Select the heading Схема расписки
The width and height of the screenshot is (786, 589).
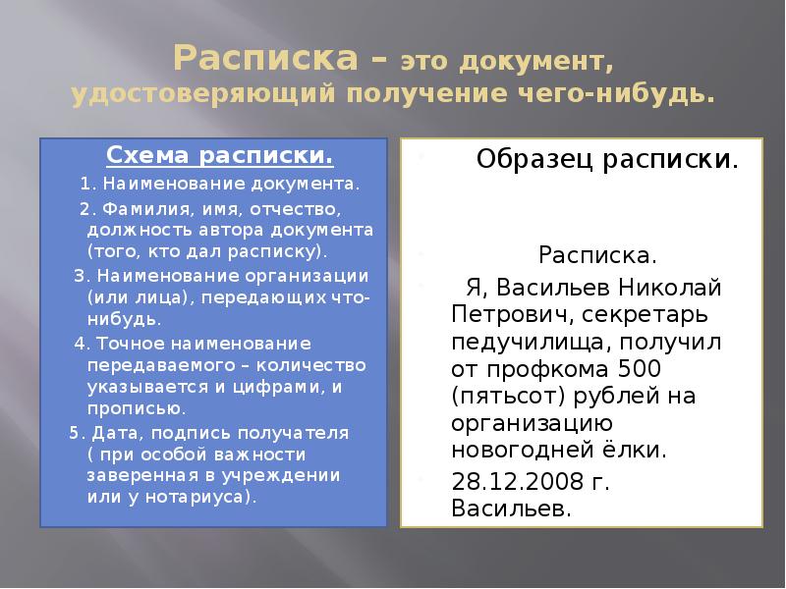pyautogui.click(x=218, y=156)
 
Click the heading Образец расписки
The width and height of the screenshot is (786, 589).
pyautogui.click(x=608, y=159)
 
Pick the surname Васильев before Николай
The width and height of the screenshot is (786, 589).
pyautogui.click(x=552, y=288)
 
